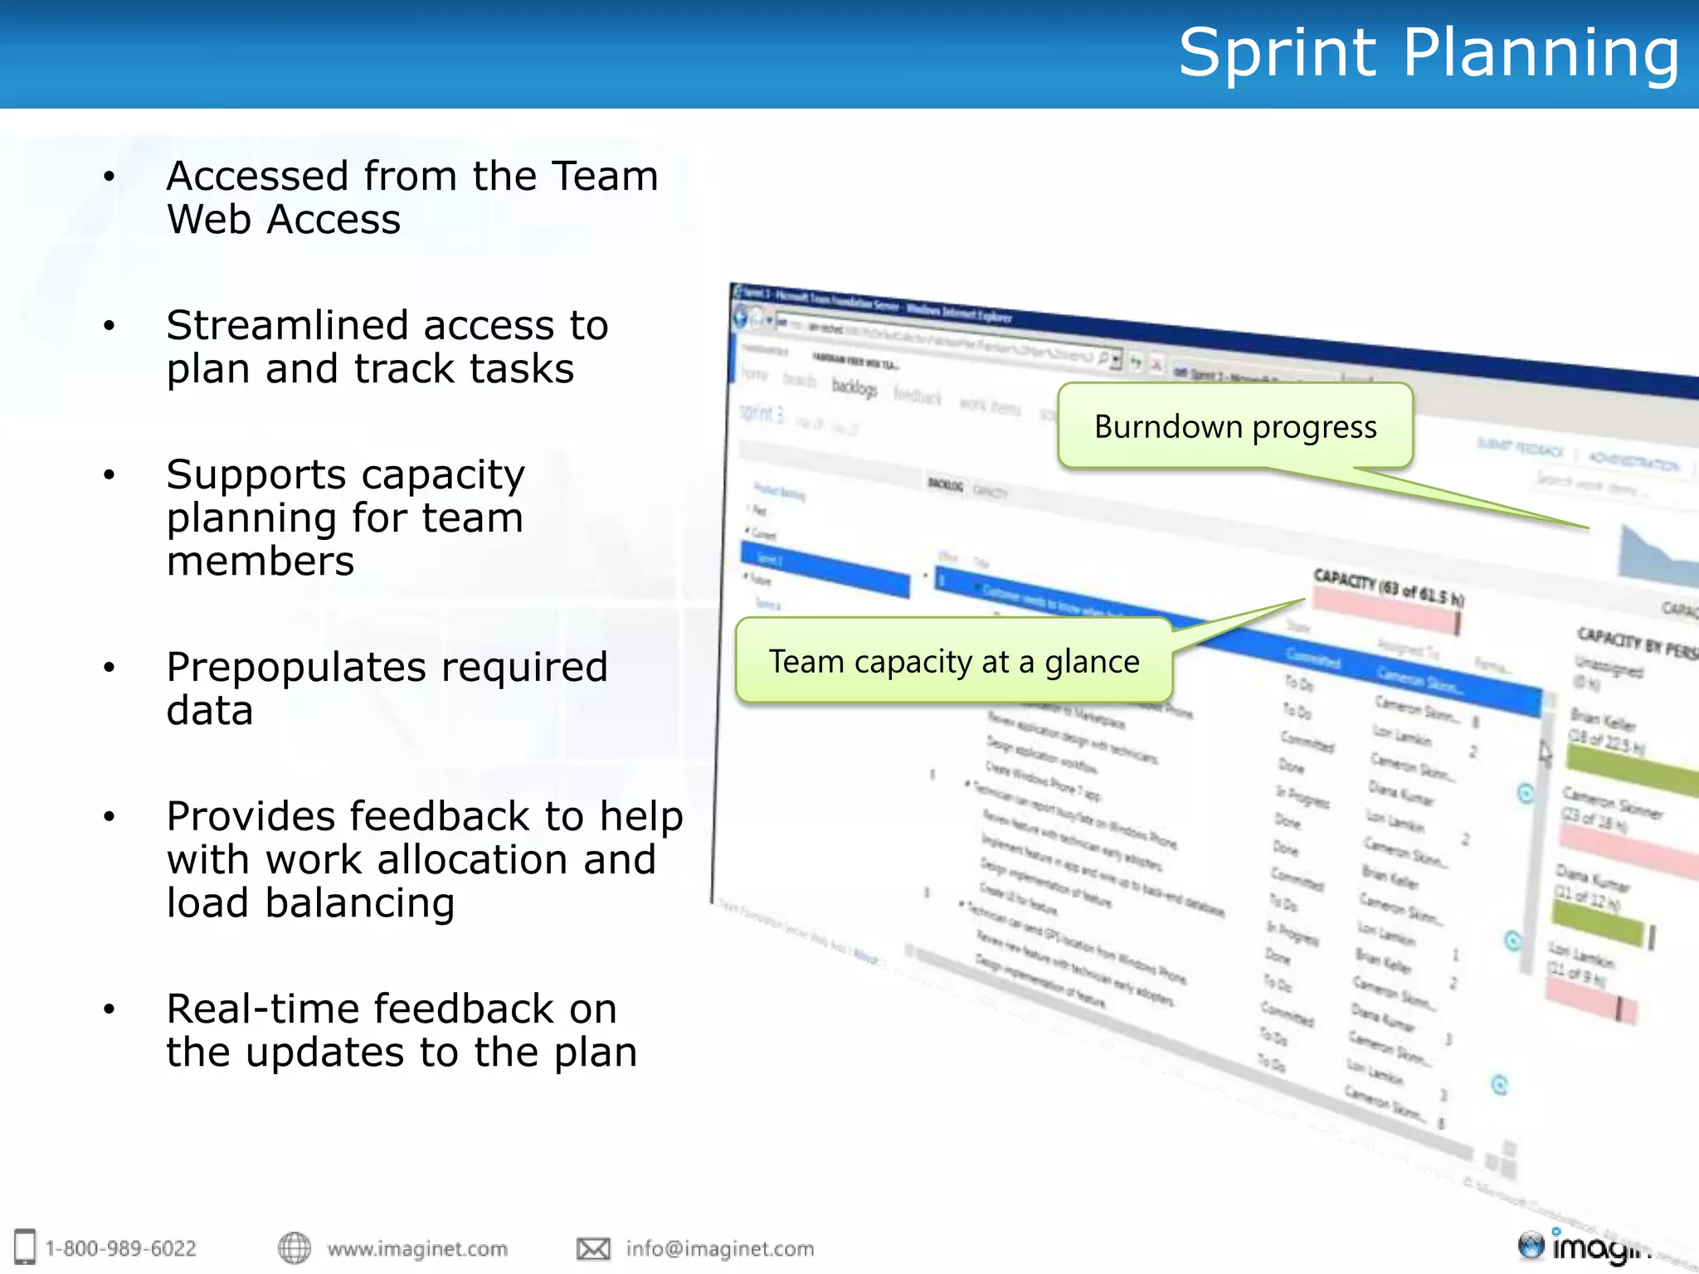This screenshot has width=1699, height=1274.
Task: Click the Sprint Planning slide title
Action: [1429, 53]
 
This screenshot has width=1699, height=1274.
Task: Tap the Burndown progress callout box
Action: [1234, 426]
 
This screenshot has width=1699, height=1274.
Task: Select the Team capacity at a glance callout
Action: [953, 661]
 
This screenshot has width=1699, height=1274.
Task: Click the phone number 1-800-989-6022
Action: [120, 1248]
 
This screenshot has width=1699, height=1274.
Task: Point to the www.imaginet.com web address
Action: [416, 1248]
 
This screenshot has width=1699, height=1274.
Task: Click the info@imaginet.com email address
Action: [719, 1248]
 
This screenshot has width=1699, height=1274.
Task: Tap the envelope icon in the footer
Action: [593, 1248]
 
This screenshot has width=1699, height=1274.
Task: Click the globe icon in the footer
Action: [294, 1247]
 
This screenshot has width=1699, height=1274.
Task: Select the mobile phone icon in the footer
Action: [25, 1247]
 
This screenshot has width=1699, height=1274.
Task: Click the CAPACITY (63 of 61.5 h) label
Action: [1388, 586]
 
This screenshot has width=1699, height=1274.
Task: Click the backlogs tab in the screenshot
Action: [854, 387]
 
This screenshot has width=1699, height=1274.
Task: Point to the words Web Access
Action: [284, 220]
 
